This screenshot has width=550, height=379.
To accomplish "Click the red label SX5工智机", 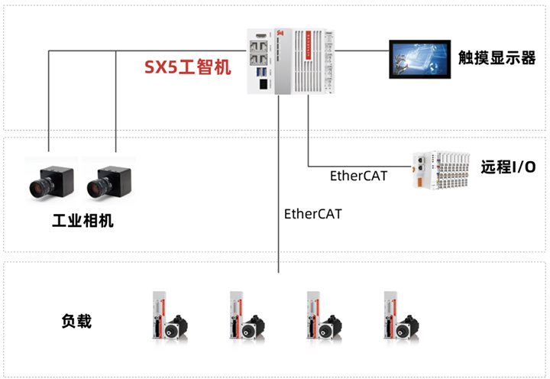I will (x=188, y=67).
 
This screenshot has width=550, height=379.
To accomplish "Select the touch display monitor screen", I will (x=419, y=58).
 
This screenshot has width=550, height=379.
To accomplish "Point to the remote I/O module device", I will (x=441, y=169).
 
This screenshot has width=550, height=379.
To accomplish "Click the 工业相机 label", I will (x=82, y=221).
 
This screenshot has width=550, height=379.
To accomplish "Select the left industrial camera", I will (x=50, y=177).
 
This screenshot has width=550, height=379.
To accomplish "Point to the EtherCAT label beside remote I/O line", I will (x=358, y=176).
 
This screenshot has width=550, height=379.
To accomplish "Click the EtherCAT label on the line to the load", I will (x=312, y=214).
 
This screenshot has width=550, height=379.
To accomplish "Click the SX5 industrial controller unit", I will (x=290, y=61).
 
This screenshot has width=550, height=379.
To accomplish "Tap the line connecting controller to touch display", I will (x=361, y=51).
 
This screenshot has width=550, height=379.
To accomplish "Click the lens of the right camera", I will (x=96, y=186).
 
